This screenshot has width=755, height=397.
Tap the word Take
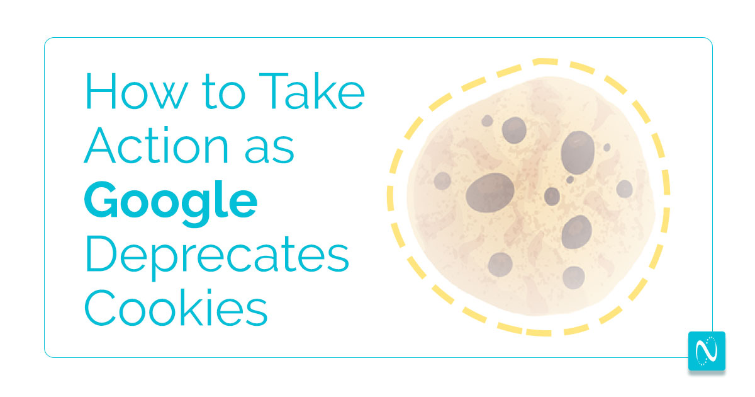(312, 91)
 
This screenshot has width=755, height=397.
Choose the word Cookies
(176, 308)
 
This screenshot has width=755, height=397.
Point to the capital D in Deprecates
(101, 253)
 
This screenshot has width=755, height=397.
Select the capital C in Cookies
(101, 308)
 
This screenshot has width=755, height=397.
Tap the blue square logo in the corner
(707, 351)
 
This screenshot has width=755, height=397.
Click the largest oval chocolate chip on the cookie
(489, 193)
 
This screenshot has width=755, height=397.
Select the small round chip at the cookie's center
(552, 197)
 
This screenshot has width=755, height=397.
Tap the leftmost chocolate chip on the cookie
(442, 181)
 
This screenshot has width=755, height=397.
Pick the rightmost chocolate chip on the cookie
(625, 188)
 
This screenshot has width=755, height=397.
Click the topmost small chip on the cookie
(487, 121)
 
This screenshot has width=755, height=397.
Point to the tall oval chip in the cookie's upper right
(578, 152)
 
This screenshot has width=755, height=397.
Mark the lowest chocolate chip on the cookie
(573, 277)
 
